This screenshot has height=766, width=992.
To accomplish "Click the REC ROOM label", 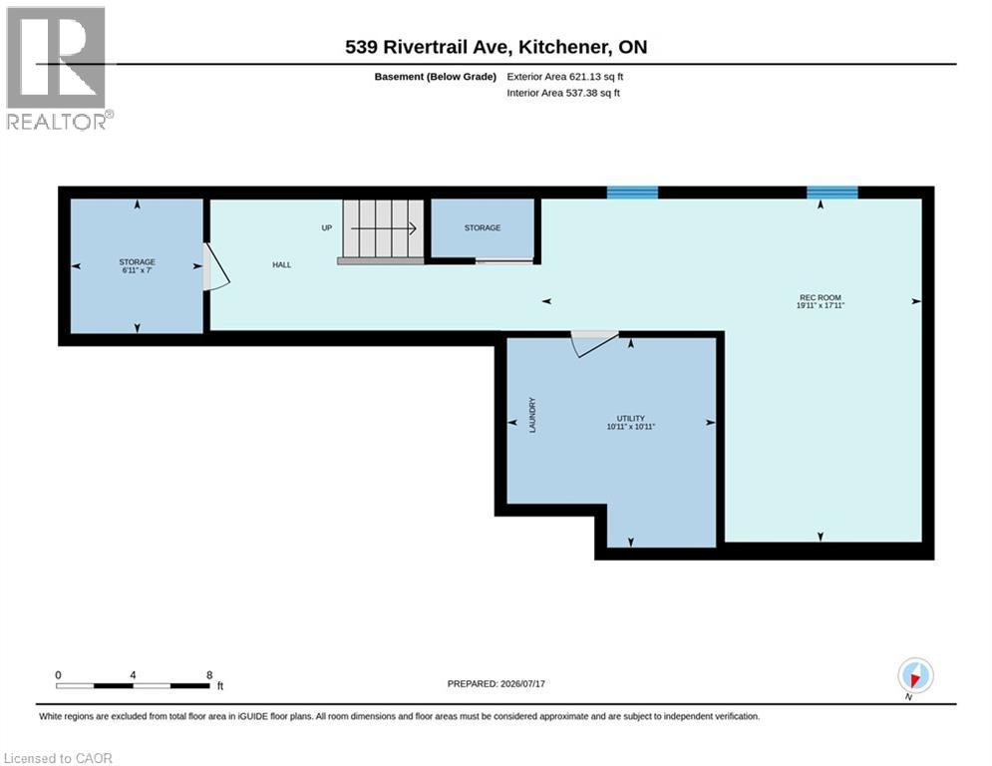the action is [820, 297].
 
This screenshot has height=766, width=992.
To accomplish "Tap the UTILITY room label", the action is [631, 419].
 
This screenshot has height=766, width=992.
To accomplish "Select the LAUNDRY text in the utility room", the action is [532, 415].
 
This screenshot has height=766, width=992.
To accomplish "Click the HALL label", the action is [281, 264].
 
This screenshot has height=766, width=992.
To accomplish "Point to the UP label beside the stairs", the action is [326, 227].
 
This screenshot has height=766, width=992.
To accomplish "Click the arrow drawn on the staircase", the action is [384, 228].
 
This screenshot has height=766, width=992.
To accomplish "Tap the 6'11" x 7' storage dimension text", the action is [138, 270].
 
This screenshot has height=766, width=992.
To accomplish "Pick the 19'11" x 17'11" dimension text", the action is [821, 305].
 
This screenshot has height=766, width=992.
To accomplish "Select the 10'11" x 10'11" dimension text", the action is [631, 427].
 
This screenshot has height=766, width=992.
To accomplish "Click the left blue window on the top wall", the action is [633, 192].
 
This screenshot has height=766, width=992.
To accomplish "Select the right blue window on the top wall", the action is [831, 192].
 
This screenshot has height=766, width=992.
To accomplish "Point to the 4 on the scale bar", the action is [133, 675].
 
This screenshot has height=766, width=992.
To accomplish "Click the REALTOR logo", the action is [58, 69].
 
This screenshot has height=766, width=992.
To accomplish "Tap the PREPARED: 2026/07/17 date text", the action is [496, 683].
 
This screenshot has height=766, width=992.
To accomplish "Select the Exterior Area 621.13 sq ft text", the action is [565, 77].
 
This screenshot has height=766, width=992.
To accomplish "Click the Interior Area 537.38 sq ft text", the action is [563, 93].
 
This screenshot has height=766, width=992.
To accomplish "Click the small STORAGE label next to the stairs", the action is [483, 227].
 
